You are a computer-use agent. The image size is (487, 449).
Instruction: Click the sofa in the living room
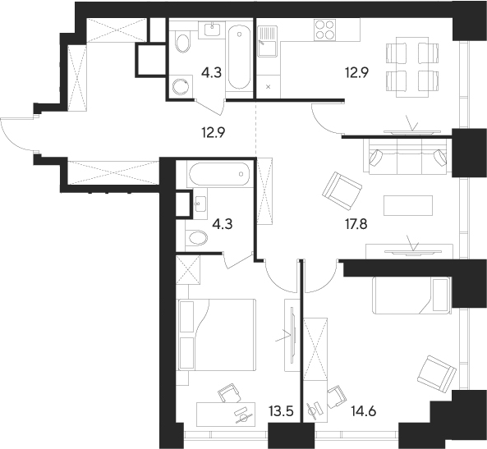(407, 156)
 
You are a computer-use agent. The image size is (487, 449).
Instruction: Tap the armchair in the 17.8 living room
(342, 190)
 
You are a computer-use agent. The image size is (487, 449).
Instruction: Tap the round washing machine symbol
(181, 85)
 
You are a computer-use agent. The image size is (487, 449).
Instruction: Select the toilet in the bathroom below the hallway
(196, 239)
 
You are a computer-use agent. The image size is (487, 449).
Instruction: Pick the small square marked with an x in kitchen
(269, 85)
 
